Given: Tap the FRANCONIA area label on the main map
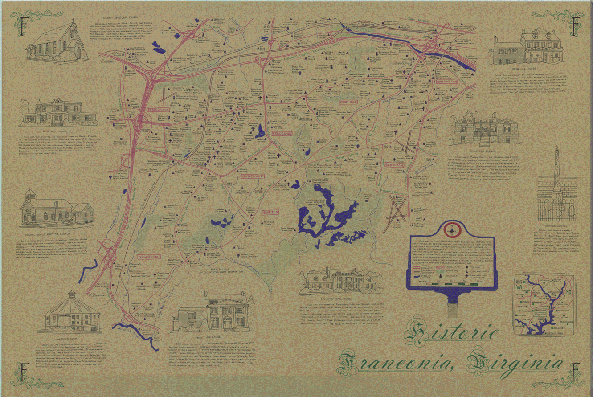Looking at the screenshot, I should coord(282,133).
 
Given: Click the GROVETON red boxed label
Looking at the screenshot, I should coord(394,164).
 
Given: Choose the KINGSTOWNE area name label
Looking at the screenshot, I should coord(252,176).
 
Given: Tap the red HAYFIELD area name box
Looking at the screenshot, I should coord(270,213).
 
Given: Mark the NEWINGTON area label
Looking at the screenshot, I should coord(149,258).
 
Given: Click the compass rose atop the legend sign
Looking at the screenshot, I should coord(451,229).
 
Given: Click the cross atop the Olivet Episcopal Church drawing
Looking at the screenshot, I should coord(72,21).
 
